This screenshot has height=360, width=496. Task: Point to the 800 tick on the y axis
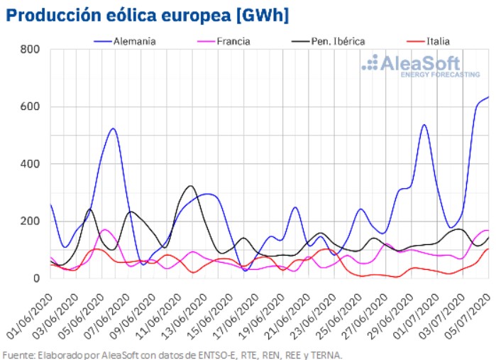(30, 50)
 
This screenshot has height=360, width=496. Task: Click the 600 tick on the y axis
(30, 107)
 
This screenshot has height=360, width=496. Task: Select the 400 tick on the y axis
(30, 164)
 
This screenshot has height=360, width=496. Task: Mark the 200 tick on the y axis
(30, 222)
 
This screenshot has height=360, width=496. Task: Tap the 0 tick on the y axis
(35, 278)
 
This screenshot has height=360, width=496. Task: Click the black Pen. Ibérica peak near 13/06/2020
(190, 186)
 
